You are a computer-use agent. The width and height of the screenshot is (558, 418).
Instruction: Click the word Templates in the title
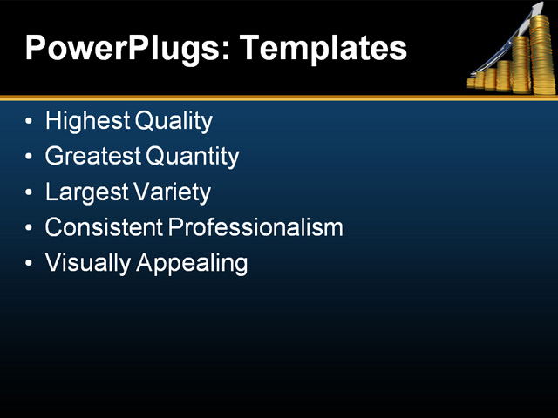point(322,48)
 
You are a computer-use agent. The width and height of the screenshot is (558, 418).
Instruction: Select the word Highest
point(87,121)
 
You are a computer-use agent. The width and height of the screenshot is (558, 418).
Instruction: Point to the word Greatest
point(92,157)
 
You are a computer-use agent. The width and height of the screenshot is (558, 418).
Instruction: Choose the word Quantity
point(192,157)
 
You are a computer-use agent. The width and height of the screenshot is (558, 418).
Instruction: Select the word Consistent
point(104,227)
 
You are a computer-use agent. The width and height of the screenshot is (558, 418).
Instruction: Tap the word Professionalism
point(255,227)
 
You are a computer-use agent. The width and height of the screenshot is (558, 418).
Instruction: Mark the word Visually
point(87,263)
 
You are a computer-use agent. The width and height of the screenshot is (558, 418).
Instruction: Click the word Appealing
point(192,263)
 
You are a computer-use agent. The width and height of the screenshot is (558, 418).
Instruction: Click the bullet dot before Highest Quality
point(31,121)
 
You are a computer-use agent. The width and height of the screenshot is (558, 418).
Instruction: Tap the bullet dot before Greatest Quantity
point(31,157)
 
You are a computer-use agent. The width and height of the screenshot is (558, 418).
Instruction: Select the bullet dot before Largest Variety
point(31,192)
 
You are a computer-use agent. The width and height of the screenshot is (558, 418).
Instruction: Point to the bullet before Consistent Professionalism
point(31,228)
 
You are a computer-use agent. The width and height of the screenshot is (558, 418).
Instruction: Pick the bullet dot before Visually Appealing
point(31,263)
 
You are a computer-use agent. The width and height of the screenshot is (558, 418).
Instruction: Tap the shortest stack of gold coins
point(473,84)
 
